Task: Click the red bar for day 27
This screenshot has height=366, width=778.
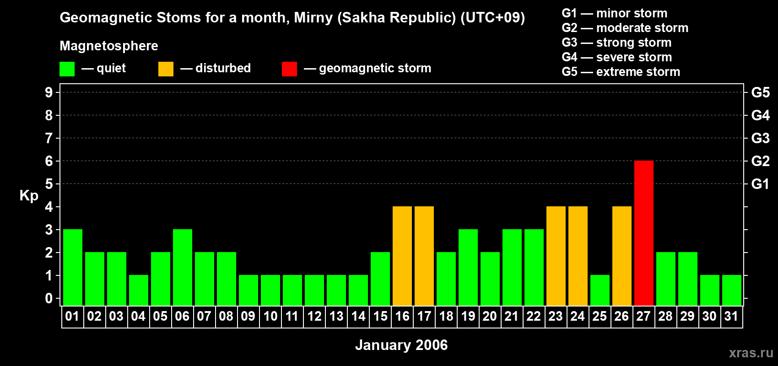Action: tap(643, 233)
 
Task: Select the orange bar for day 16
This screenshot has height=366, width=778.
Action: tap(402, 256)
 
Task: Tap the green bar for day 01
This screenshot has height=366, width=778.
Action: tap(73, 267)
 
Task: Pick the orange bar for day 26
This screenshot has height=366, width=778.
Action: tap(621, 256)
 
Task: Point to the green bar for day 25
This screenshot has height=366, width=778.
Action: tap(600, 291)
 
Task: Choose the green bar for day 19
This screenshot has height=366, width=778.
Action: tap(468, 267)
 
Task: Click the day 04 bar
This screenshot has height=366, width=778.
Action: tap(139, 291)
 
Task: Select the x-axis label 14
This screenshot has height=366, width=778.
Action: tap(358, 316)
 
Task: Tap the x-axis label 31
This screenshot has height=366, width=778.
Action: tap(731, 316)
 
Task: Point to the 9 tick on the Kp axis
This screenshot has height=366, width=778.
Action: tap(49, 92)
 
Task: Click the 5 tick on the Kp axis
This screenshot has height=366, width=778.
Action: tap(49, 184)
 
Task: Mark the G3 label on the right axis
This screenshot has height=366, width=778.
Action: tap(761, 138)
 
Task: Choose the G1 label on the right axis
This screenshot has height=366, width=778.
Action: tap(761, 184)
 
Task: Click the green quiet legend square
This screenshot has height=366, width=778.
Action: tap(67, 69)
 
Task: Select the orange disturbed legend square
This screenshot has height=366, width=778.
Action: tap(166, 69)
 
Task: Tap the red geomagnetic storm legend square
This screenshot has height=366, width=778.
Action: tap(290, 69)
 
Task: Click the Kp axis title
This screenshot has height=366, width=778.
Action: tap(29, 196)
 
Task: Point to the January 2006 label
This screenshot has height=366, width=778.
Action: tap(401, 345)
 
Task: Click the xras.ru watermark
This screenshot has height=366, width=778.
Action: tap(751, 353)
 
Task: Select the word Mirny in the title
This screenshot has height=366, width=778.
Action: tap(313, 18)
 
